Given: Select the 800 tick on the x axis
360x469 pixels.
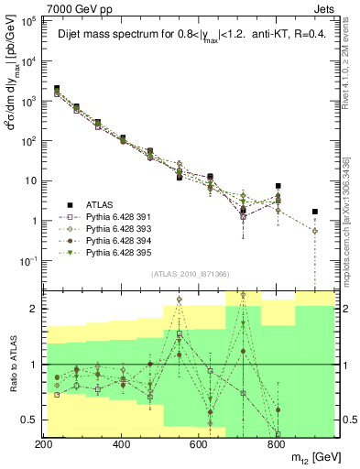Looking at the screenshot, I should pos(277,443).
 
